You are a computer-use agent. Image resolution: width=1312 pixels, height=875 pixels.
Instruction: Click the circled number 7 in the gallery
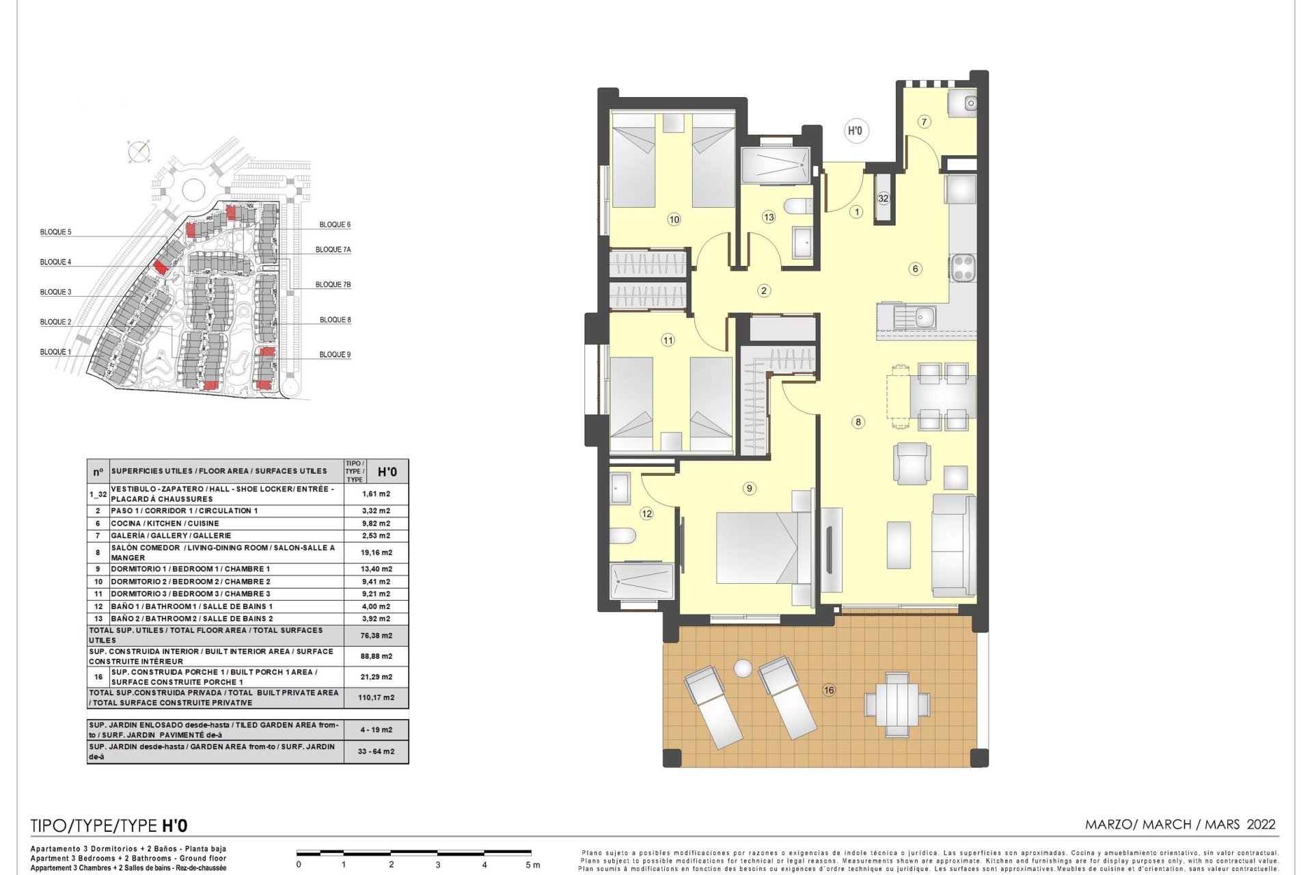(x=924, y=122)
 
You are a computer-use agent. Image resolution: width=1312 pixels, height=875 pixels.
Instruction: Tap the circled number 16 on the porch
(x=829, y=690)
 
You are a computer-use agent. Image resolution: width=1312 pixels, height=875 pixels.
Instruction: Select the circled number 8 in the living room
(x=858, y=422)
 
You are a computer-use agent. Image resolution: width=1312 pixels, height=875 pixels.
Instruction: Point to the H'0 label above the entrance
(x=855, y=131)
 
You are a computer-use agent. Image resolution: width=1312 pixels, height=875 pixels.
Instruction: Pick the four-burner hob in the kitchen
(x=962, y=267)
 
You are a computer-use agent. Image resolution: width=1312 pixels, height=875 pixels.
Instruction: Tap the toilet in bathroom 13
(x=798, y=206)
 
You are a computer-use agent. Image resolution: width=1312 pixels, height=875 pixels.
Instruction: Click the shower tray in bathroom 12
(x=642, y=580)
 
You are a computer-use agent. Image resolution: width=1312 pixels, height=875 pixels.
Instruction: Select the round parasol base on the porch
(x=742, y=667)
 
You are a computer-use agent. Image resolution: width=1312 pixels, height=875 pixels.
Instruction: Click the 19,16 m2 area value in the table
(x=377, y=552)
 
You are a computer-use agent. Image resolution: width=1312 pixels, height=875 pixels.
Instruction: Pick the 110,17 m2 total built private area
(x=377, y=698)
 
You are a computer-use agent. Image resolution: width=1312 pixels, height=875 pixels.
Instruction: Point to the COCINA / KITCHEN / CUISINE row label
(x=165, y=524)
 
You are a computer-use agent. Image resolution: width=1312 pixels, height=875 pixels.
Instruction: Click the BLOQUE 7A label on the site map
(x=333, y=250)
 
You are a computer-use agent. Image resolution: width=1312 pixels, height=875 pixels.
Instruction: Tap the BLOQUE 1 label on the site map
(x=55, y=352)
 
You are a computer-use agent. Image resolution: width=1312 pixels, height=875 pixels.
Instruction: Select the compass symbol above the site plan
(x=138, y=151)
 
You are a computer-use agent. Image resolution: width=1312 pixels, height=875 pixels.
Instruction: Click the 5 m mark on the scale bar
(x=532, y=865)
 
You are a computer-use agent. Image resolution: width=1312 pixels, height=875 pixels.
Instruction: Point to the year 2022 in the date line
(x=1261, y=824)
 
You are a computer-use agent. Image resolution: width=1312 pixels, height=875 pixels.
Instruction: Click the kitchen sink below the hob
(x=915, y=317)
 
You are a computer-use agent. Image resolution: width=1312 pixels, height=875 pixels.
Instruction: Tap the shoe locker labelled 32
(x=884, y=198)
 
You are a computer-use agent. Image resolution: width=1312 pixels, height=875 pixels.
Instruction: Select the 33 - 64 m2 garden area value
(x=377, y=751)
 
